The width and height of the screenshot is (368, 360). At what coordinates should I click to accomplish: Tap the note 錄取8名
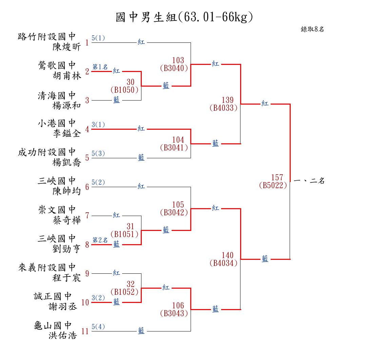(x=312, y=29)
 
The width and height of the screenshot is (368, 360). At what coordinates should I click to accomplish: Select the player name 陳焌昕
(x=67, y=47)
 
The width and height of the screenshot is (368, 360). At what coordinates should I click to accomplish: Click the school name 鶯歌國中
(x=57, y=65)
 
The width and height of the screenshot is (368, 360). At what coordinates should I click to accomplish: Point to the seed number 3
(x=87, y=100)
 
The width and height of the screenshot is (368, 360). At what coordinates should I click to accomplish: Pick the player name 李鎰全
(x=67, y=134)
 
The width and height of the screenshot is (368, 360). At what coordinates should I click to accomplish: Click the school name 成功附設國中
(x=47, y=152)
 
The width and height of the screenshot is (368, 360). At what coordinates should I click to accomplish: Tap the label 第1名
(x=100, y=67)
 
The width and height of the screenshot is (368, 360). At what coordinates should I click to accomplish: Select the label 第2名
(x=100, y=240)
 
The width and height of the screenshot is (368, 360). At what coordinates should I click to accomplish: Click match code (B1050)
(x=124, y=90)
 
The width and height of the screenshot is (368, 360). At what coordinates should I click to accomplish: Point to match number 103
(x=178, y=60)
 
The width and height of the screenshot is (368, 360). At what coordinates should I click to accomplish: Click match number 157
(x=277, y=177)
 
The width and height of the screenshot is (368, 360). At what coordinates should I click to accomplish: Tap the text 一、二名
(x=309, y=181)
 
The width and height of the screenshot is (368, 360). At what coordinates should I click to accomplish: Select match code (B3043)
(x=174, y=313)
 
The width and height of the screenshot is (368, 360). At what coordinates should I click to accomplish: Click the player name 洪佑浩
(x=63, y=336)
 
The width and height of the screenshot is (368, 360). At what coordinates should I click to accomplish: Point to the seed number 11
(x=85, y=331)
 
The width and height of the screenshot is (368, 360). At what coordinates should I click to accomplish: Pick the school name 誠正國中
(x=53, y=296)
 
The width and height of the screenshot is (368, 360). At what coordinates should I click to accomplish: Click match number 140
(x=228, y=255)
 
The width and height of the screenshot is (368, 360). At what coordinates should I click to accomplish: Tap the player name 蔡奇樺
(x=67, y=220)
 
